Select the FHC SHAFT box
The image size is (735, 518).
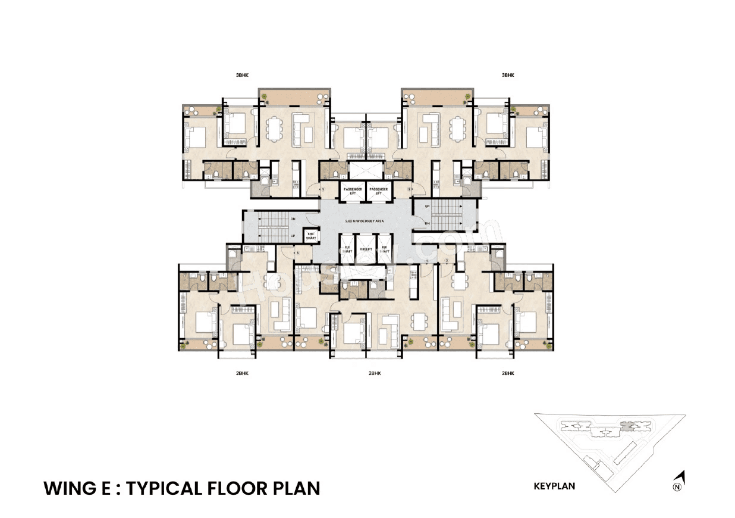tap(310, 236)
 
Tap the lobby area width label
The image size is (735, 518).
tap(365, 220)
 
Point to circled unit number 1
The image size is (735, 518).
tap(322, 189)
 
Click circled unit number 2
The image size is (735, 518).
tap(409, 189)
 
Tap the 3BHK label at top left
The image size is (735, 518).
tap(241, 76)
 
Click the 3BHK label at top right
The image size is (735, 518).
tap(507, 76)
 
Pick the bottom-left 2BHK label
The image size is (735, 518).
tap(241, 373)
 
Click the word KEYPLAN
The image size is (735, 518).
tap(554, 486)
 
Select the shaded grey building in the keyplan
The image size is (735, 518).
tap(626, 425)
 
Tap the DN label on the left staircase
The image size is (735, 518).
tap(293, 219)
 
